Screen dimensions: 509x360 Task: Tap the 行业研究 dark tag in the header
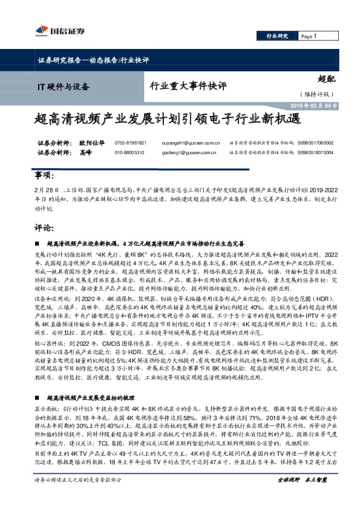[x=278, y=36]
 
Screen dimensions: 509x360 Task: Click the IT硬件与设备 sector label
[x=67, y=86]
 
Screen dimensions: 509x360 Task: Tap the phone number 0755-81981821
[x=131, y=143]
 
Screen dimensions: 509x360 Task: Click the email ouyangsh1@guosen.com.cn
[x=195, y=143]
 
